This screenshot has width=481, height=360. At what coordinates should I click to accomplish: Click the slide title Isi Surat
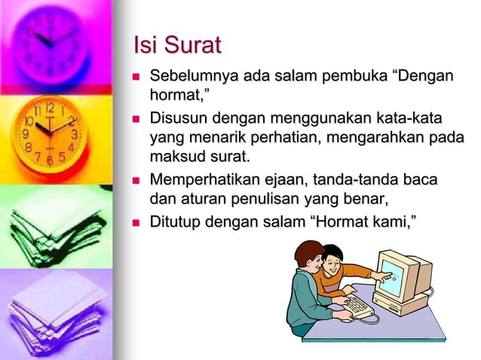[176, 45]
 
